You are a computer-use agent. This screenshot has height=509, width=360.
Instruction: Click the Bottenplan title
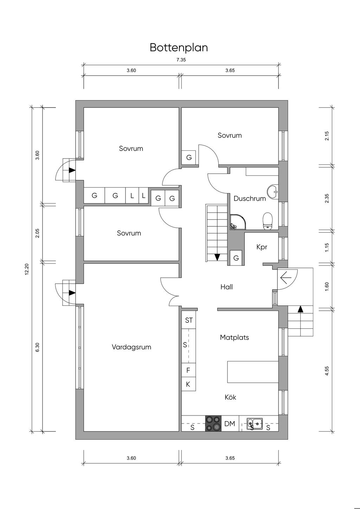pyautogui.click(x=179, y=47)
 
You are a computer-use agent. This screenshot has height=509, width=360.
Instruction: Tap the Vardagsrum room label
pyautogui.click(x=131, y=347)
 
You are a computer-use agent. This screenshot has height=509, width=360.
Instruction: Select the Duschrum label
pyautogui.click(x=250, y=199)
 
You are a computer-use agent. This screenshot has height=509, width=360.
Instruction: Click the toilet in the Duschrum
pyautogui.click(x=268, y=220)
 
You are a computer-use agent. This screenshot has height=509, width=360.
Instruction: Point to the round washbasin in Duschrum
pyautogui.click(x=273, y=191)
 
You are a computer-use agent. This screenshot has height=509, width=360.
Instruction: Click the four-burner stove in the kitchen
pyautogui.click(x=213, y=423)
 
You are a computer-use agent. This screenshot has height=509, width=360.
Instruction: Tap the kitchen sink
pyautogui.click(x=255, y=423)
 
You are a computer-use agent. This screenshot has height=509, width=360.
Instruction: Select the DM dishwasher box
pyautogui.click(x=230, y=424)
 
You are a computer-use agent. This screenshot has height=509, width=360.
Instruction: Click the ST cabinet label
pyautogui.click(x=189, y=320)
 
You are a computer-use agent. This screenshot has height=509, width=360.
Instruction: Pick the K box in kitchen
pyautogui.click(x=188, y=384)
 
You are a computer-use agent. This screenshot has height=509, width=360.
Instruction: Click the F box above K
pyautogui.click(x=188, y=370)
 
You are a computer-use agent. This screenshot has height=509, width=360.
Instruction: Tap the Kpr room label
pyautogui.click(x=262, y=247)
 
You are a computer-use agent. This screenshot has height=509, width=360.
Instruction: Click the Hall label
pyautogui.click(x=226, y=287)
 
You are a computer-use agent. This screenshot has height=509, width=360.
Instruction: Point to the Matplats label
pyautogui.click(x=234, y=337)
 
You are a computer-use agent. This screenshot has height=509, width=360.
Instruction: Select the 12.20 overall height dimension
pyautogui.click(x=27, y=270)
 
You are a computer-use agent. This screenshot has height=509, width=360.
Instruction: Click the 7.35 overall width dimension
pyautogui.click(x=181, y=60)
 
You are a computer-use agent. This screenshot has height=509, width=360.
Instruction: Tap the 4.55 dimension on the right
pyautogui.click(x=327, y=371)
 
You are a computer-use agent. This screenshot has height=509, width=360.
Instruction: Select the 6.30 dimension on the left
pyautogui.click(x=38, y=347)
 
